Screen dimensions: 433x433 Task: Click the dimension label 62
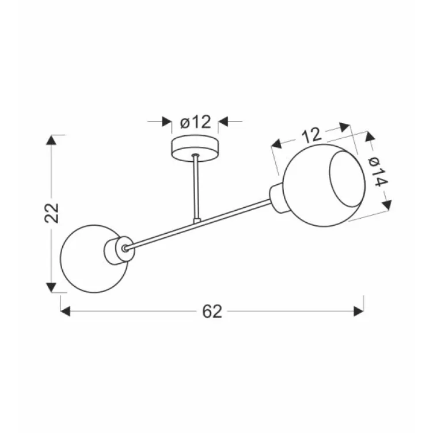pyautogui.click(x=212, y=312)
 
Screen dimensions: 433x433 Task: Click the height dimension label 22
pyautogui.click(x=52, y=213)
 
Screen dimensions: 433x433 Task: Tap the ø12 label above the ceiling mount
pyautogui.click(x=196, y=122)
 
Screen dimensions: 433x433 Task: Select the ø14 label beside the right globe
pyautogui.click(x=378, y=172)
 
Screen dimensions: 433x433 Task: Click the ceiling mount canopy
pyautogui.click(x=195, y=149)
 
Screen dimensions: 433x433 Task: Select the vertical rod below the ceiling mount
pyautogui.click(x=196, y=187)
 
